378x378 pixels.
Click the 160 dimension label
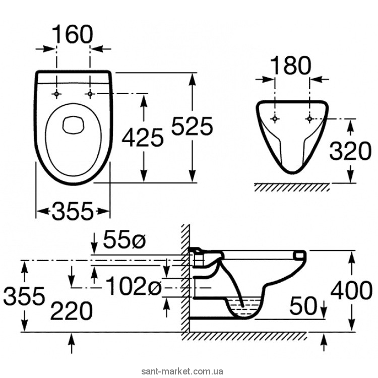point(74,34)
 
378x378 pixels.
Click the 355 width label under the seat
point(73,210)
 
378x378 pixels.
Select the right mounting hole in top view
point(91,94)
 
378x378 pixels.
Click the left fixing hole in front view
point(275,118)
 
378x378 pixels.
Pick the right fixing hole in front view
point(308,118)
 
